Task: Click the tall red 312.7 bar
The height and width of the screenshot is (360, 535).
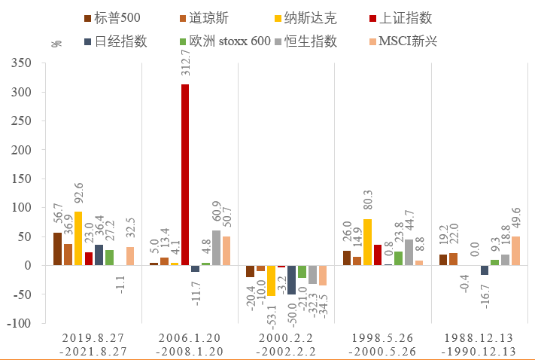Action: (x=185, y=175)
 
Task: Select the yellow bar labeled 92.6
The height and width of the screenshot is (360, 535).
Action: (x=78, y=239)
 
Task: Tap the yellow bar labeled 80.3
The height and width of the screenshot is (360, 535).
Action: (x=367, y=243)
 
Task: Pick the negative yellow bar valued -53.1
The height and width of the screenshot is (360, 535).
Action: (x=271, y=280)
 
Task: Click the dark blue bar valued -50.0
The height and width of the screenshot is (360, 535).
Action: (x=292, y=279)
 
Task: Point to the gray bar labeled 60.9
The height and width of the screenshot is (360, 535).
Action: (x=217, y=248)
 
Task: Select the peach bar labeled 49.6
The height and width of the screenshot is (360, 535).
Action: (x=515, y=251)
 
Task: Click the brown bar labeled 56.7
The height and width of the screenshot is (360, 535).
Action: (x=57, y=249)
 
